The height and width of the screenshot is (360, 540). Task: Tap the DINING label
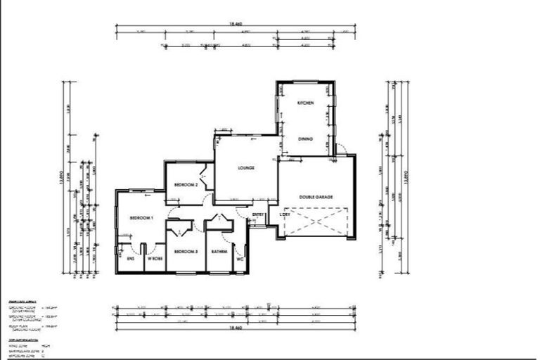(305, 139)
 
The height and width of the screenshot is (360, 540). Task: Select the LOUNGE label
(245, 168)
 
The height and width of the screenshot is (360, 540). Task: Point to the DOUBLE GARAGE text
(316, 197)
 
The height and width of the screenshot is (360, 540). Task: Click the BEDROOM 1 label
(141, 219)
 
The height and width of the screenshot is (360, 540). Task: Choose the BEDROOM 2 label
(186, 184)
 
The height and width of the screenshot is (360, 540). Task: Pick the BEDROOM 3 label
(186, 251)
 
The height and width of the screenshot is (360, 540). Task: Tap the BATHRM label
(218, 251)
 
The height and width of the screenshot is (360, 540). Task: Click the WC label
(240, 258)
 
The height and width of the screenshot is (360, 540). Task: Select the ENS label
(131, 259)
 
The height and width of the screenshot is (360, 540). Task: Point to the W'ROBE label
(155, 259)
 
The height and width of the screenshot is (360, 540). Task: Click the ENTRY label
(257, 214)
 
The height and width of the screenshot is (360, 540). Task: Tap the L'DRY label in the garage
(285, 214)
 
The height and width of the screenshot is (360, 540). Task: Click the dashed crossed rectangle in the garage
(315, 222)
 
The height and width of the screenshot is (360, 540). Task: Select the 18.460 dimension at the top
(236, 23)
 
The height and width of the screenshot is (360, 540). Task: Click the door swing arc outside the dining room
(341, 148)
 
